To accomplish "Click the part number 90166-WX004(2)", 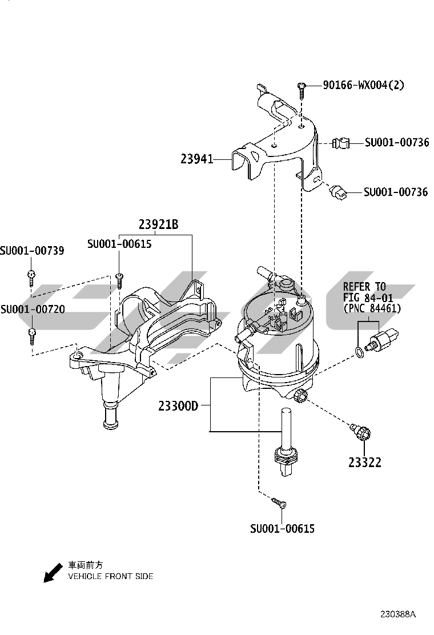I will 363,86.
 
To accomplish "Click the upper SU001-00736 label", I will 396,143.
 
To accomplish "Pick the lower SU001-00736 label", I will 395,192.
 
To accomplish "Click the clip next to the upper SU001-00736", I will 341,143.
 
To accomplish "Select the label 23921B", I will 158,225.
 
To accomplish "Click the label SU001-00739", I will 32,251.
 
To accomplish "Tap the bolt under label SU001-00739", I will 32,278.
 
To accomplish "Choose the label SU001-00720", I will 32,310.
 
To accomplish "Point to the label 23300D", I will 178,407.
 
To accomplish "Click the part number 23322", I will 365,463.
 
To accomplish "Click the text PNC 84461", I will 372,308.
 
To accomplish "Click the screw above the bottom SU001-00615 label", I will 279,503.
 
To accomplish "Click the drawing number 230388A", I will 398,614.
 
